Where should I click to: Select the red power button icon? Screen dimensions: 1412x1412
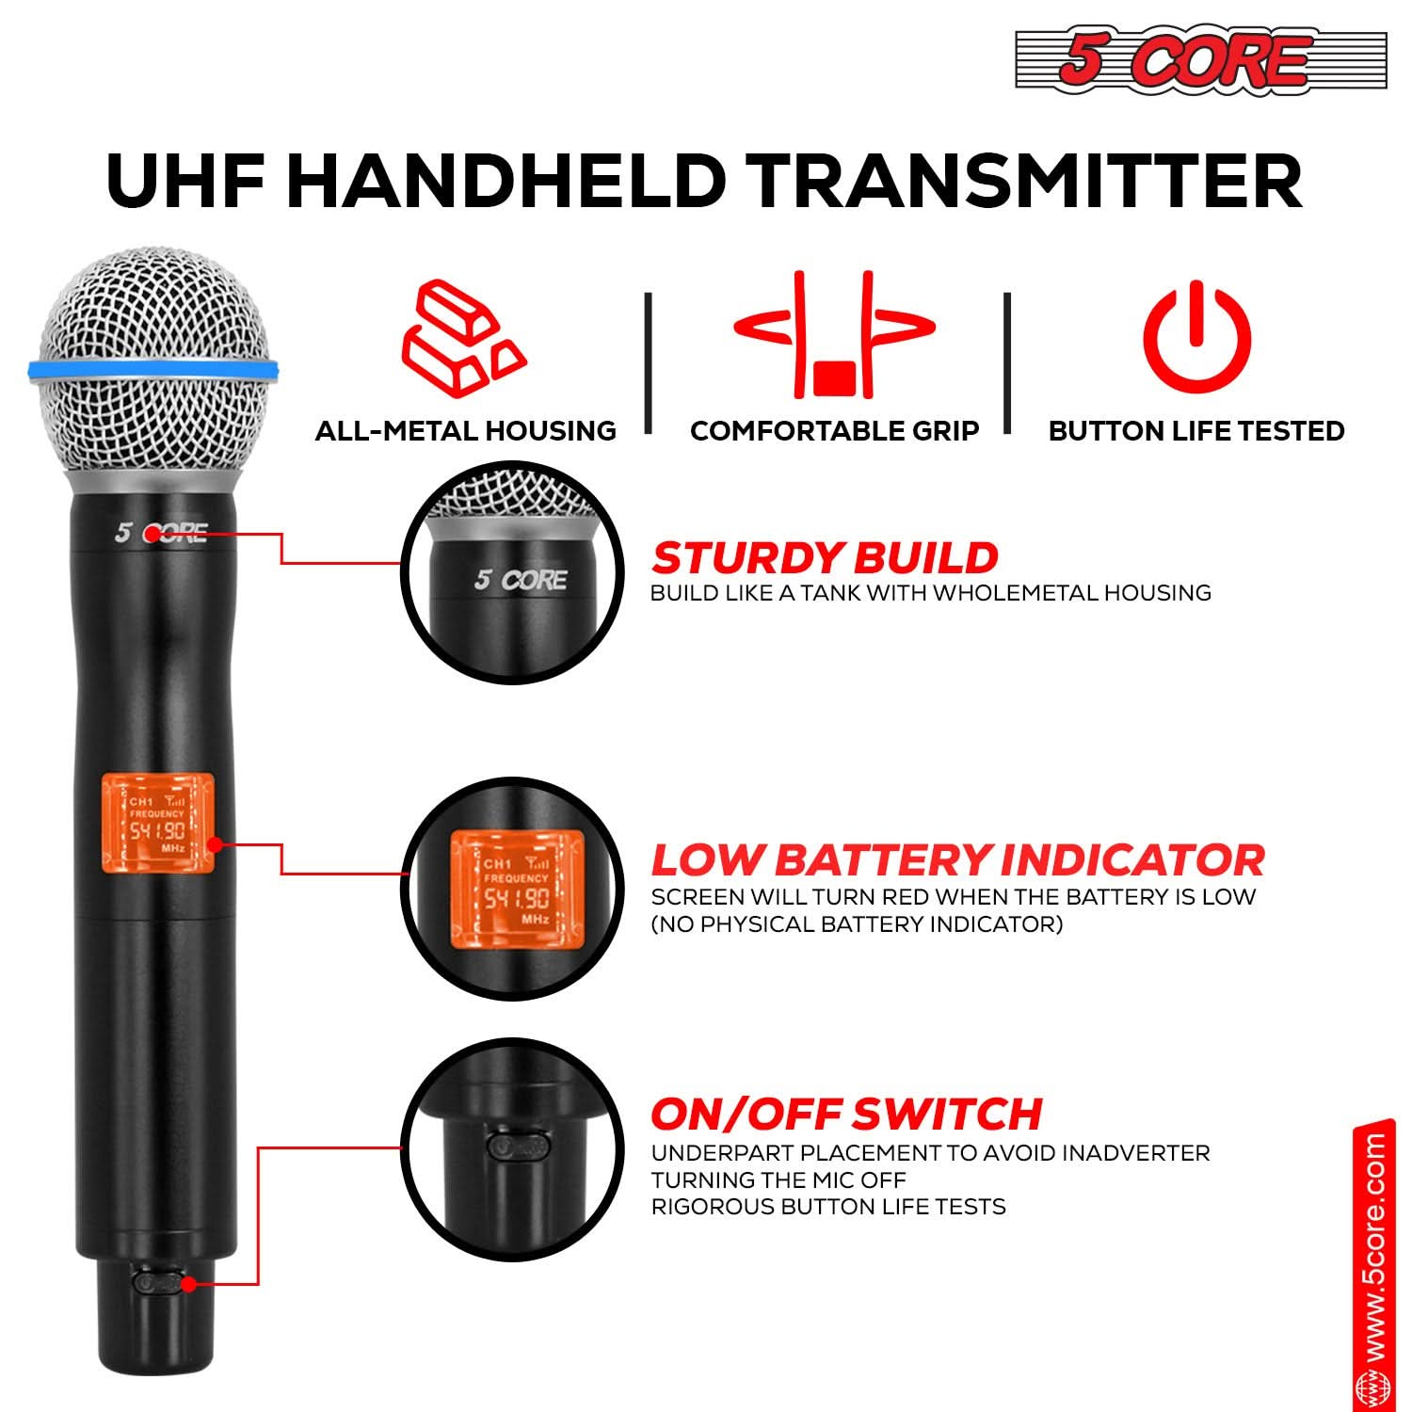coord(1195,337)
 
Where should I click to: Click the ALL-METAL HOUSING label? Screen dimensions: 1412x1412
coord(465,431)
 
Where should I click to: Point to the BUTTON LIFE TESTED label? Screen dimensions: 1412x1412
coord(1195,431)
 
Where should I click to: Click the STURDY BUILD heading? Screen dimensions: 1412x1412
coord(824,558)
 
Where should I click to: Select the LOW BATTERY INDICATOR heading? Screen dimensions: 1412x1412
coord(957,860)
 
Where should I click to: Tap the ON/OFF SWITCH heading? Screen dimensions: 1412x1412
coord(846,1115)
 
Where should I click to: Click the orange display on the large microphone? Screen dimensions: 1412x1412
coord(157,822)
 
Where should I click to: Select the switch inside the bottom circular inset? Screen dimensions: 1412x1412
coord(519,1146)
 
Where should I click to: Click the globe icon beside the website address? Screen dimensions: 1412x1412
coord(1373,1389)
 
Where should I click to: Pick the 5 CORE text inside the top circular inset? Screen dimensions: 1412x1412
coord(521,580)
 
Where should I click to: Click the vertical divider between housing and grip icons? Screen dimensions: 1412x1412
coord(648,362)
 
